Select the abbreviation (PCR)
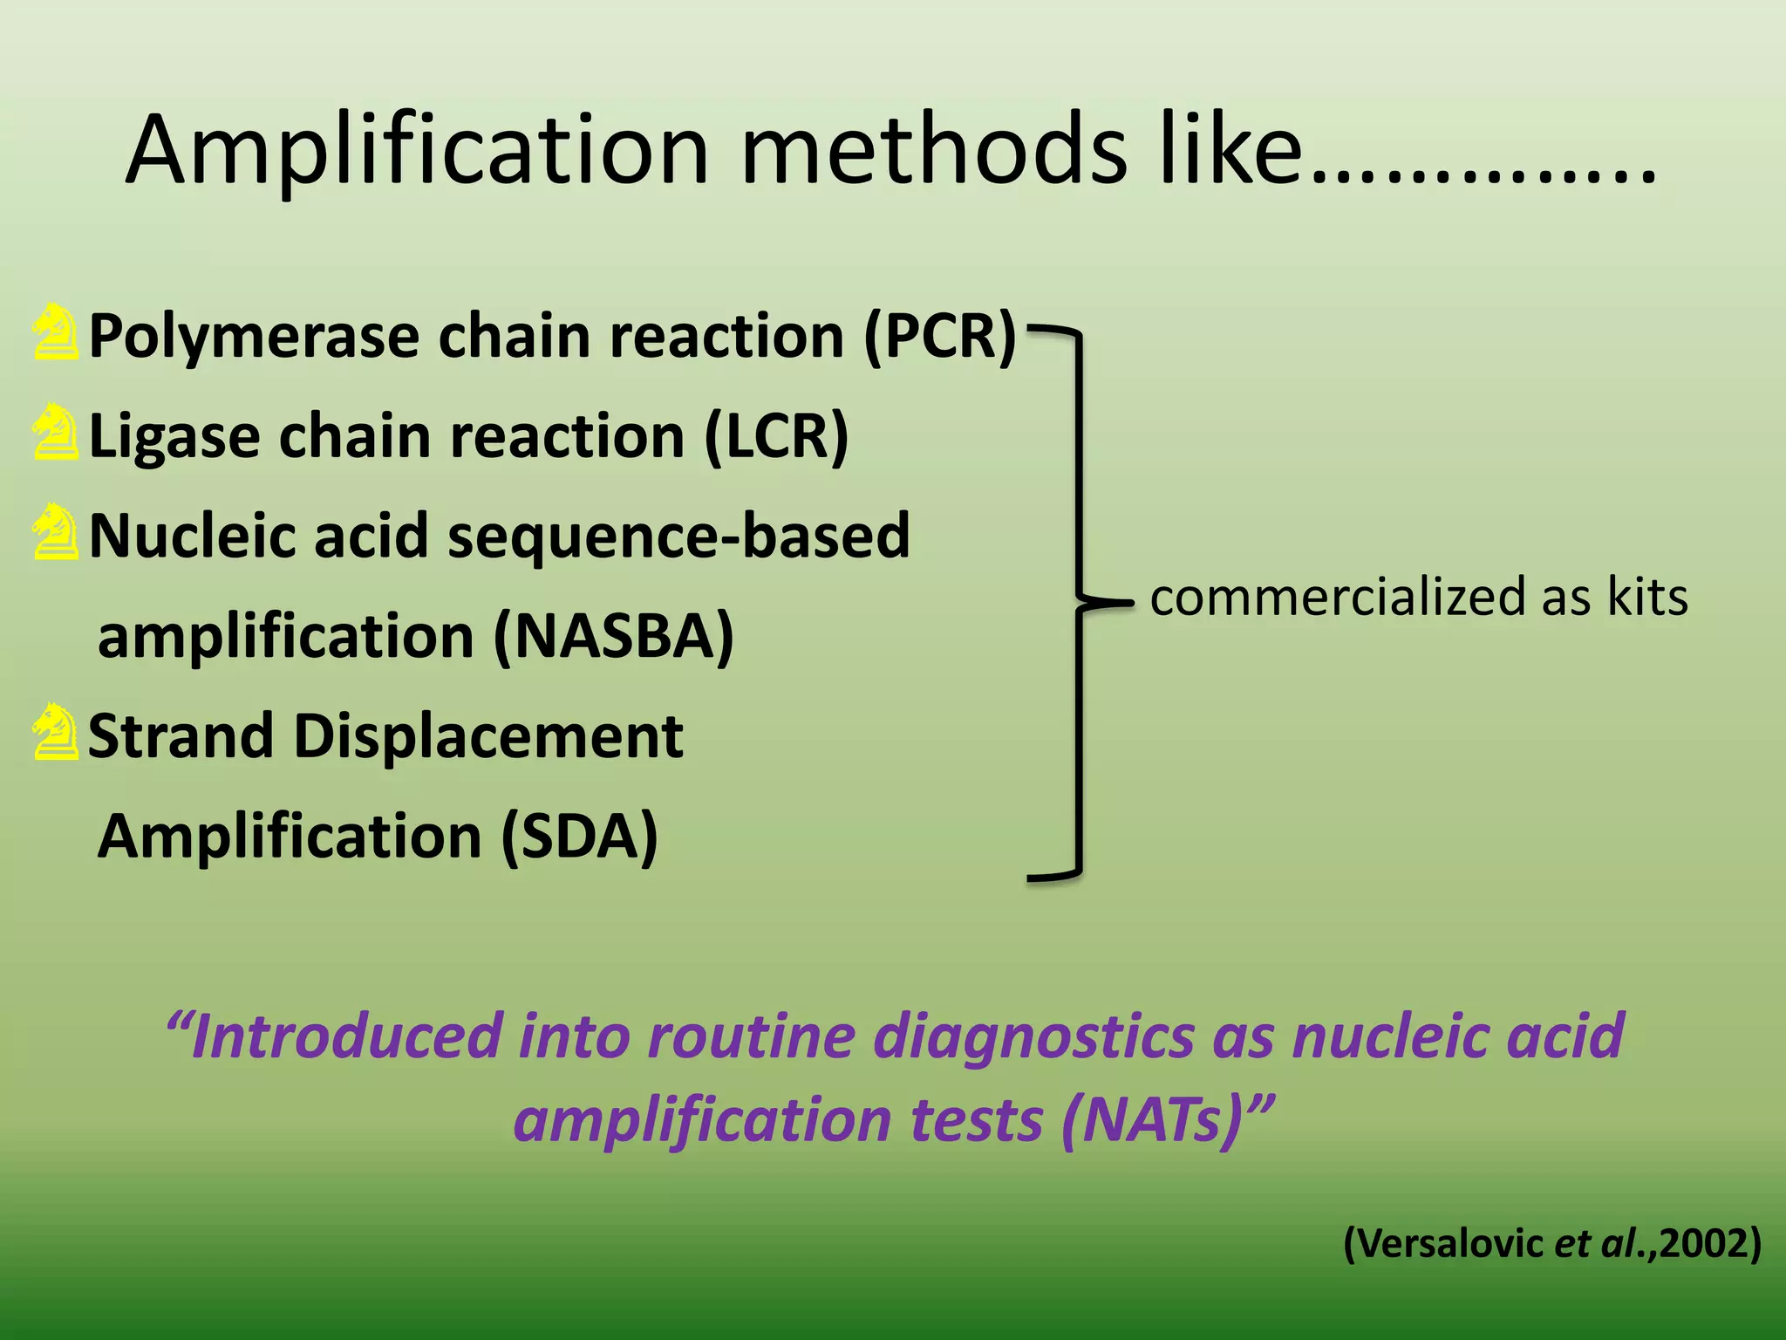point(939,336)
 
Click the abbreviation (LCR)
point(775,436)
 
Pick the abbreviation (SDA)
point(579,837)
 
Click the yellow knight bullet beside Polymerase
point(55,332)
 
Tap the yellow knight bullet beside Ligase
point(55,432)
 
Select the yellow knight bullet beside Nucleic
point(55,531)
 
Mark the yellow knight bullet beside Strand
point(55,732)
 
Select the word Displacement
point(488,736)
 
